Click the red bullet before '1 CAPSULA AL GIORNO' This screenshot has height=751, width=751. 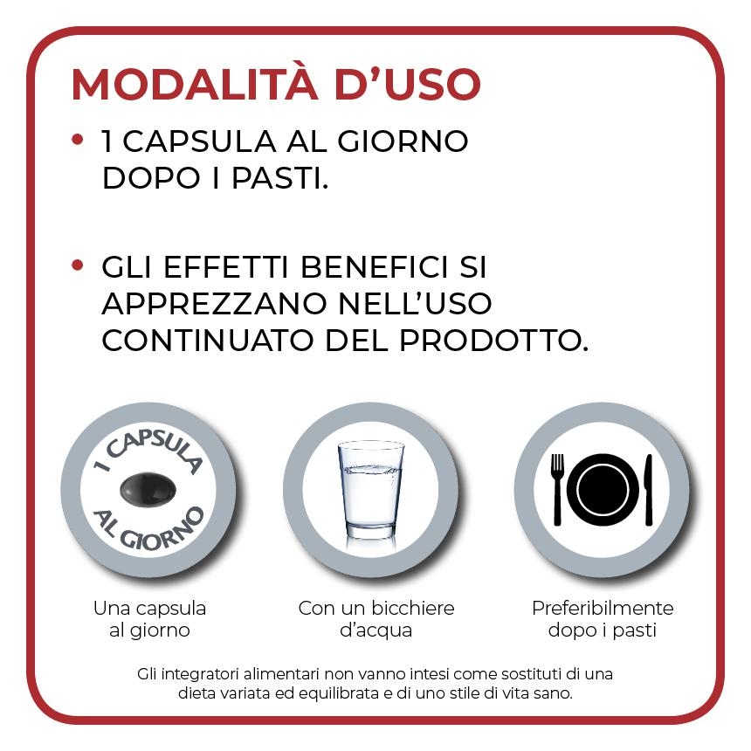(78, 139)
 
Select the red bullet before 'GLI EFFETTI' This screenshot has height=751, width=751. (78, 264)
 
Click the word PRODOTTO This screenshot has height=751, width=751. (493, 341)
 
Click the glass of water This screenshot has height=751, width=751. (371, 489)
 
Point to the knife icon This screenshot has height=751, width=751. (648, 489)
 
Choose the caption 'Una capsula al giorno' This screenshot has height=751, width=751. (149, 618)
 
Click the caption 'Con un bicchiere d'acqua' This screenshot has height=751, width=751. (376, 618)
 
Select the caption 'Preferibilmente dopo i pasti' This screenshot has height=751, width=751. (603, 618)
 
